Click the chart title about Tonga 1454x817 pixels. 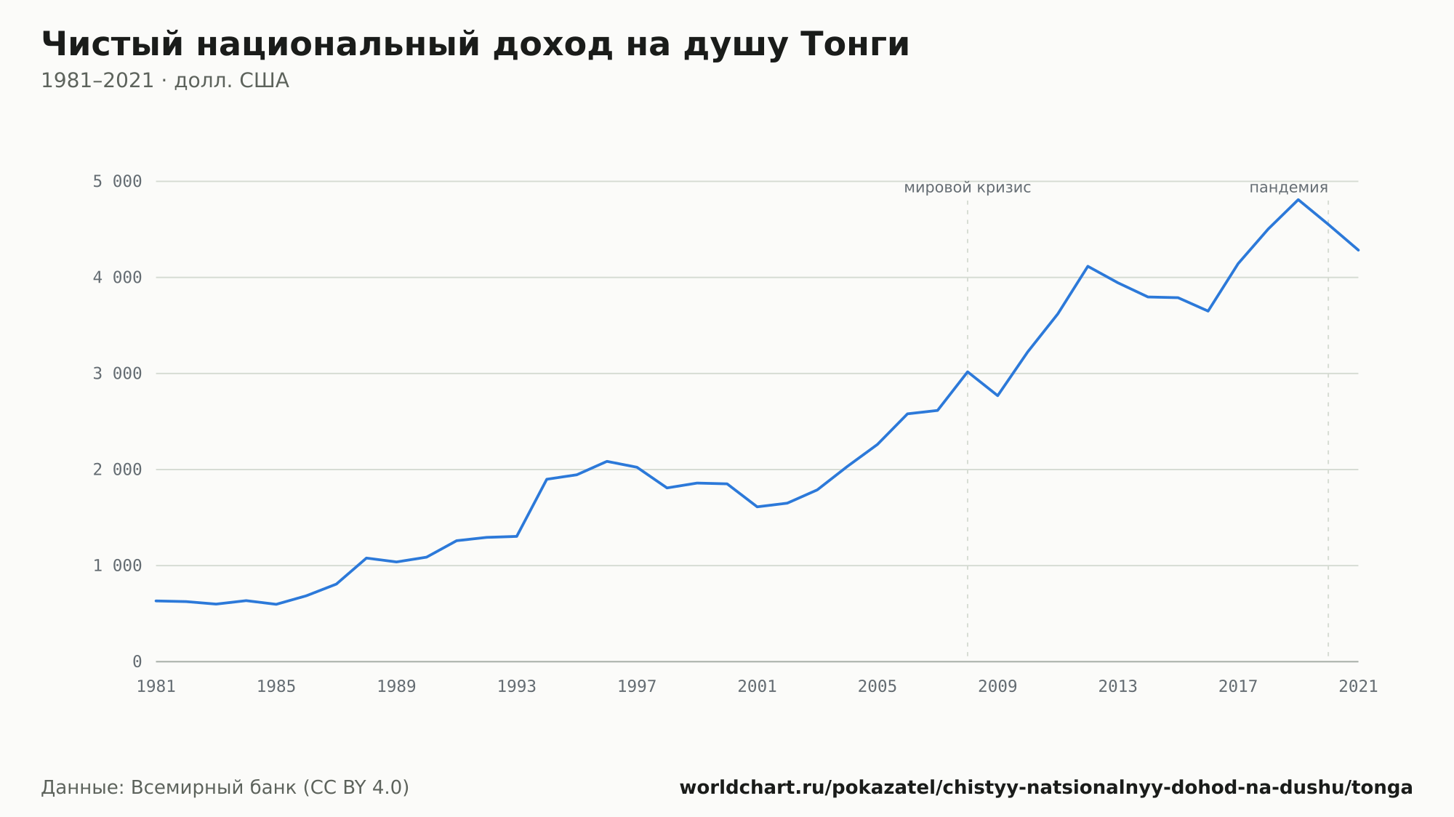475,45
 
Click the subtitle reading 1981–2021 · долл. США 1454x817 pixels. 165,81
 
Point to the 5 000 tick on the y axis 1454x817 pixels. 117,181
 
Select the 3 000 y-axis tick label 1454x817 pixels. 117,374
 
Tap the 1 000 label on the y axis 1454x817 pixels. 117,566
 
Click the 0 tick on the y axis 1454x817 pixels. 137,661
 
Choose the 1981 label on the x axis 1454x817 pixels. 156,687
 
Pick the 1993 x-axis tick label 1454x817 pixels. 517,687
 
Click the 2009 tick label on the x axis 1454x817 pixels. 997,687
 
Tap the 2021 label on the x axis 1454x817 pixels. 1358,687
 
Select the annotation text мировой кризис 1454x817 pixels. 968,188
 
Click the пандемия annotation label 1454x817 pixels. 1288,188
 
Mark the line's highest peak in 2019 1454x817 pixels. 1298,199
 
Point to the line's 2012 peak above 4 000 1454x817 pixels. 1088,266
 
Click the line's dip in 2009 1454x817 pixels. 997,395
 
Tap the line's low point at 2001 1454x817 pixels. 758,507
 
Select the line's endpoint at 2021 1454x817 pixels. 1358,250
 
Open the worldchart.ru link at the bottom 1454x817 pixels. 1046,788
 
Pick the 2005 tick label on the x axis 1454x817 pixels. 877,687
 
